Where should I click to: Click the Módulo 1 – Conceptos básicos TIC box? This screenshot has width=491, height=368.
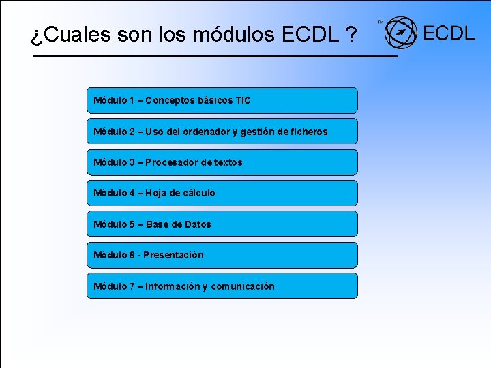point(222,100)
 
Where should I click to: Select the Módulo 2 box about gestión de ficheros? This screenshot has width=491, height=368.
point(222,131)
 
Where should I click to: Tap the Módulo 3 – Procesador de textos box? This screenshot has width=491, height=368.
point(222,162)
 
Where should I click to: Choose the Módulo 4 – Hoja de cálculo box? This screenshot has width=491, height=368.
point(222,193)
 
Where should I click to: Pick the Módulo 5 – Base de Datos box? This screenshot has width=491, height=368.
point(222,224)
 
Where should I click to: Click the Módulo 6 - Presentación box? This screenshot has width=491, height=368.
point(222,255)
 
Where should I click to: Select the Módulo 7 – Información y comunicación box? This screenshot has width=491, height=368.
point(222,286)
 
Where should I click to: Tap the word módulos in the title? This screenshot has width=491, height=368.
point(238,35)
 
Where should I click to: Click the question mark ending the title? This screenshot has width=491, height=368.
point(350,35)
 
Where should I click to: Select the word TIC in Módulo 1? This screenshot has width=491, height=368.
point(243,101)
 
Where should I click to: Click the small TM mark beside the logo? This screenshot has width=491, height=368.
point(381,22)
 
